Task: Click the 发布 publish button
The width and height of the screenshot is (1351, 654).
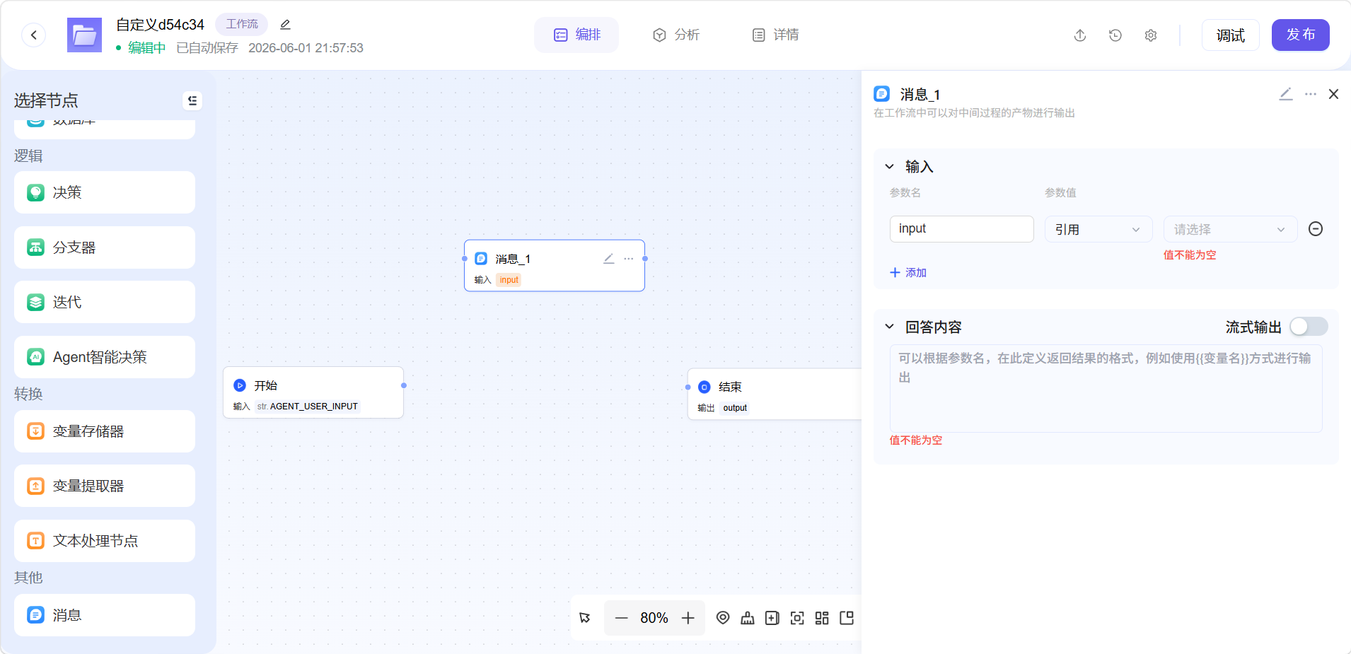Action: click(1300, 35)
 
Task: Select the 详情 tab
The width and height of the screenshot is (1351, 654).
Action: click(775, 35)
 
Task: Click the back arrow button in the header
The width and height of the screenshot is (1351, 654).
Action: click(33, 35)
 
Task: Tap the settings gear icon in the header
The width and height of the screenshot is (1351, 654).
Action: click(1151, 35)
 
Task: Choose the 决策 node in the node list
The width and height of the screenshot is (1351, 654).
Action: click(105, 192)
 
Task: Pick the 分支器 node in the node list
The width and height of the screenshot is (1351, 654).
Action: click(105, 247)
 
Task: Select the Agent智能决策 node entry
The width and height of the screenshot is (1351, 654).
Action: click(105, 357)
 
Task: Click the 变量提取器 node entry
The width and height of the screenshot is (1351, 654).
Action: click(105, 486)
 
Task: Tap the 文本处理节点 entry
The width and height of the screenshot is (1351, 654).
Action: click(105, 541)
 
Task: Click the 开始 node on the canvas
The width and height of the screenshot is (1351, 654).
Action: click(313, 392)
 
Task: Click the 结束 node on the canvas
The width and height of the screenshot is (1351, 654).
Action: click(775, 394)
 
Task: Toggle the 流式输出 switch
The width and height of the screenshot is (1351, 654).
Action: click(1309, 327)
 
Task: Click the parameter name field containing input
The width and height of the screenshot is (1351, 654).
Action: click(961, 229)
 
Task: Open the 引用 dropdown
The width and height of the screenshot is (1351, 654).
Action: click(1098, 229)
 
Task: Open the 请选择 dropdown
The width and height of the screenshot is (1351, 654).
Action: click(1230, 229)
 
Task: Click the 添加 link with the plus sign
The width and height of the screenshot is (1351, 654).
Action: click(908, 273)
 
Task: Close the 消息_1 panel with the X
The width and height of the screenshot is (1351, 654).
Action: click(1333, 94)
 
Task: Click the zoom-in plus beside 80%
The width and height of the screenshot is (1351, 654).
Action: click(688, 618)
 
